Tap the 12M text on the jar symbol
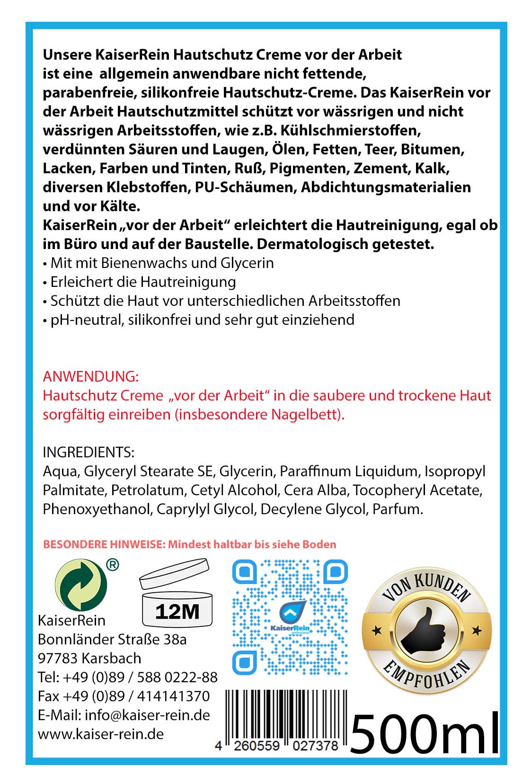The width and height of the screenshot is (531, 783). pos(177,612)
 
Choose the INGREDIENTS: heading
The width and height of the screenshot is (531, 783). pos(88,452)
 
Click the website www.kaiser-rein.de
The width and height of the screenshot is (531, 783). pos(101,734)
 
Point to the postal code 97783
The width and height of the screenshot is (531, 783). pos(57,658)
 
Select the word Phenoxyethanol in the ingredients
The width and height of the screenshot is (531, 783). pos(97,509)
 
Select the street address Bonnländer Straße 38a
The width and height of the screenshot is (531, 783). pos(112,639)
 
